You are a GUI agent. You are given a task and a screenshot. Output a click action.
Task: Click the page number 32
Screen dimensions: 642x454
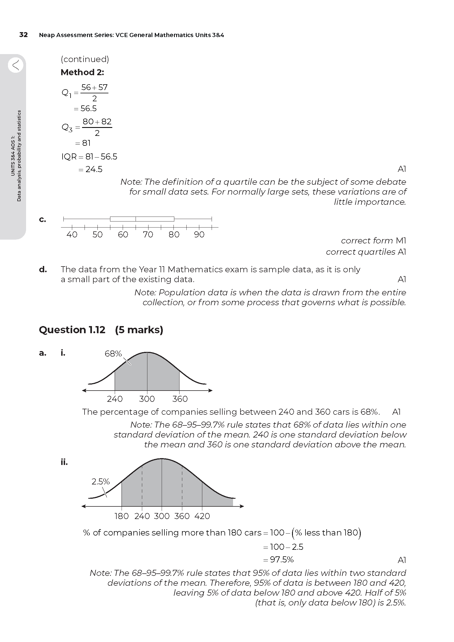(24, 35)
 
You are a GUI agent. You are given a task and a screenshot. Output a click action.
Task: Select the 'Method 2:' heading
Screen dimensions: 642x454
(82, 72)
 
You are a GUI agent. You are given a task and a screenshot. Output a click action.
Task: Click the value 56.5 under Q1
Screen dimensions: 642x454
(88, 108)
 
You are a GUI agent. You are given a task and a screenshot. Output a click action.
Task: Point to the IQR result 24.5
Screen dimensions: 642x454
(94, 169)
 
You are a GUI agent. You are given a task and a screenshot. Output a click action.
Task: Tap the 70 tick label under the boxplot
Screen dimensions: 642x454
(148, 235)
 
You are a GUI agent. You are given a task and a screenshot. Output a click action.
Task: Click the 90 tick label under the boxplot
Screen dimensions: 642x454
(199, 235)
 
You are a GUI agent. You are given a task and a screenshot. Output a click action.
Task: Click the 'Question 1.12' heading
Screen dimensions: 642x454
(72, 330)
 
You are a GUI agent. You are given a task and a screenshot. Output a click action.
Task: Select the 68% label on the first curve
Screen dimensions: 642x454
(113, 354)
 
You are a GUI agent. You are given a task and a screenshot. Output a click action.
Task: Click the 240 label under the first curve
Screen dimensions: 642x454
(115, 399)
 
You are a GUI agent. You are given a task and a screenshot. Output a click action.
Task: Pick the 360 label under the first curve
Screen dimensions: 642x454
(180, 399)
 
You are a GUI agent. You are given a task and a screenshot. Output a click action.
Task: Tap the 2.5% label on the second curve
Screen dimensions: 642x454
(101, 481)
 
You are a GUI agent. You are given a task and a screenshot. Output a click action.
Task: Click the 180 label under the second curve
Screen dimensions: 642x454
(122, 516)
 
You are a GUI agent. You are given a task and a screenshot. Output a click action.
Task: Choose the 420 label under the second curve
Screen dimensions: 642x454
(202, 516)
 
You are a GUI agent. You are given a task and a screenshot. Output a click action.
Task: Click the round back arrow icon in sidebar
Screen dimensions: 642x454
(16, 65)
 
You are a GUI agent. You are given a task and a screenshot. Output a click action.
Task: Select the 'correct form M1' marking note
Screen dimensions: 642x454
(373, 241)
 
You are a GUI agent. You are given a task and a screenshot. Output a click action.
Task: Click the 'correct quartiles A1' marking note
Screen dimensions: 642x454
(366, 252)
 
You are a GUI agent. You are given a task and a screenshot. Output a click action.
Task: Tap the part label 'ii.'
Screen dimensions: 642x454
(64, 462)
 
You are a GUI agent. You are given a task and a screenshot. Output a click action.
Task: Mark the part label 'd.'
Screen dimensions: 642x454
(43, 270)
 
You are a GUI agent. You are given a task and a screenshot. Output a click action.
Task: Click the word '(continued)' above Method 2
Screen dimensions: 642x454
(85, 59)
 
